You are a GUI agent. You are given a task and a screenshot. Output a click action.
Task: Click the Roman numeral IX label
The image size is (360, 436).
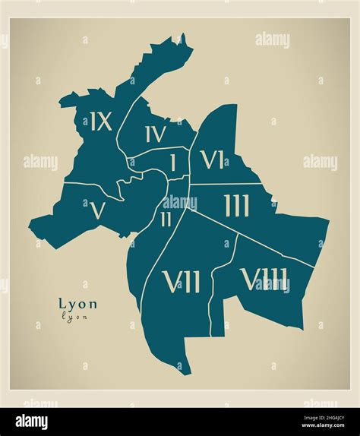click(x=101, y=122)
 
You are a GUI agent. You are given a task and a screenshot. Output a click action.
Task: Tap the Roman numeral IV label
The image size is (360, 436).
click(x=155, y=134)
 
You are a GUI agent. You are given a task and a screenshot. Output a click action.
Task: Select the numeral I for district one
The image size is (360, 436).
click(x=172, y=163)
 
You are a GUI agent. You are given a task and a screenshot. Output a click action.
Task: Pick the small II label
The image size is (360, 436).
click(x=166, y=220)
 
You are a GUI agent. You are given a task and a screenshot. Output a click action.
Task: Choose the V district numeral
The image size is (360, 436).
click(x=96, y=210)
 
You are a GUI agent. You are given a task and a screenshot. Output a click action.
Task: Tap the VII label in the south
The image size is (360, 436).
click(x=182, y=283)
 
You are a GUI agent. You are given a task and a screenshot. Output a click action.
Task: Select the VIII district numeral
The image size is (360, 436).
click(x=264, y=280)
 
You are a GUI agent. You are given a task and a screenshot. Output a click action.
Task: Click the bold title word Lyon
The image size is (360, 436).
click(x=77, y=302)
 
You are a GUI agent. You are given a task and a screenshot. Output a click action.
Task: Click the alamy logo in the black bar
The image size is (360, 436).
click(x=28, y=422)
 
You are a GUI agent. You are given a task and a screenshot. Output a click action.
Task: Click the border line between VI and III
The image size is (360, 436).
click(x=228, y=184)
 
